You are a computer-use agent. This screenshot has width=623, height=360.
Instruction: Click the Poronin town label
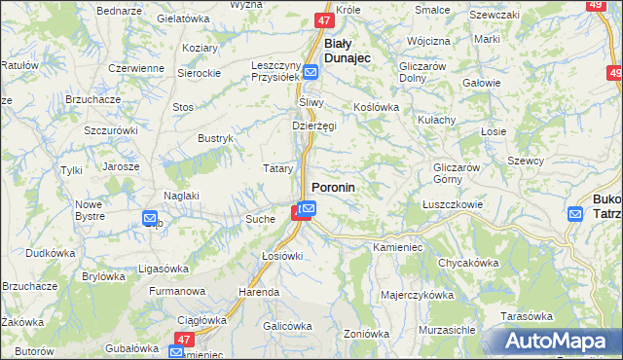(x=333, y=187)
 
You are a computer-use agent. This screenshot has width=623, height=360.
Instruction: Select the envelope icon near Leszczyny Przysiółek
(x=311, y=72)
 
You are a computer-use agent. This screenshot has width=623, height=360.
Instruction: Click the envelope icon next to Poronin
(x=308, y=207)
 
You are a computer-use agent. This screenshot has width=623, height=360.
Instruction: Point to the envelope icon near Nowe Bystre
(x=150, y=219)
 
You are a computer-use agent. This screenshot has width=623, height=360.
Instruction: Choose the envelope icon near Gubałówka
(x=176, y=351)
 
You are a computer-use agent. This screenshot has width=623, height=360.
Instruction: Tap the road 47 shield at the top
(x=324, y=19)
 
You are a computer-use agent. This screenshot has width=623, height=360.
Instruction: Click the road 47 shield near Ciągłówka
(x=182, y=337)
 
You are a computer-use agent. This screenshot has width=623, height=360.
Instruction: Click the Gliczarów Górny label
(x=458, y=173)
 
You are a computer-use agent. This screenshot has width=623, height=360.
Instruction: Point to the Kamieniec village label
(x=396, y=248)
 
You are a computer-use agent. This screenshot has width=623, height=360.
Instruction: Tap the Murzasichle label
(x=446, y=330)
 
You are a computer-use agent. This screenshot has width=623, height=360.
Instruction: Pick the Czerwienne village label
(x=136, y=68)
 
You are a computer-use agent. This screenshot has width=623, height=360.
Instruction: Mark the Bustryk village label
(x=215, y=139)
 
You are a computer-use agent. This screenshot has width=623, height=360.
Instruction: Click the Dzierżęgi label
(x=314, y=126)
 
